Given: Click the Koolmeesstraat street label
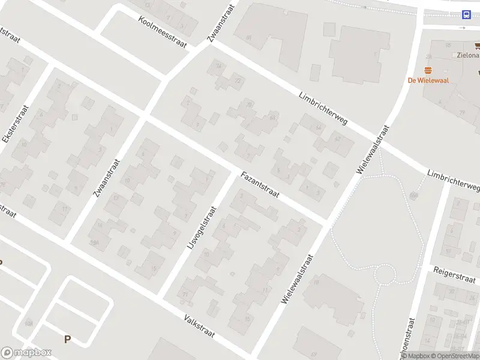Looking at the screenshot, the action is pyautogui.click(x=162, y=32).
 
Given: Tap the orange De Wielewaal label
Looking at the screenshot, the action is pyautogui.click(x=428, y=80).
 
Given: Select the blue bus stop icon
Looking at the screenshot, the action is pyautogui.click(x=466, y=15).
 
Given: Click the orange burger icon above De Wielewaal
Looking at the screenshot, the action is pyautogui.click(x=428, y=70).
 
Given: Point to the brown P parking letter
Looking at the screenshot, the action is pyautogui.click(x=67, y=340).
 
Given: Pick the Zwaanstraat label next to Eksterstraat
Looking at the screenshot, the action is pyautogui.click(x=107, y=178).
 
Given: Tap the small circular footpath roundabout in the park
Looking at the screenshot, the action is pyautogui.click(x=384, y=275).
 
